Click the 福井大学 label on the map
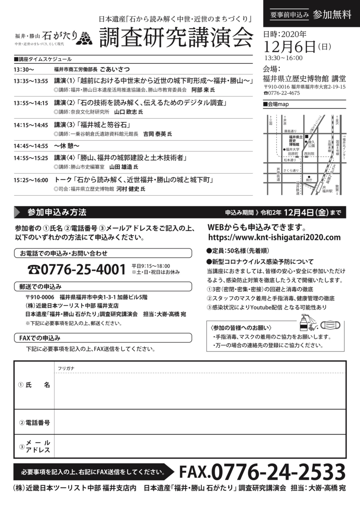(292, 149)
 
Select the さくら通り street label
(291, 170)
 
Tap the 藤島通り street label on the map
(290, 131)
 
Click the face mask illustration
(332, 325)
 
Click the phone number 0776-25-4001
(77, 269)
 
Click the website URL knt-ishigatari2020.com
(274, 237)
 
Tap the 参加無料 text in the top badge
(332, 14)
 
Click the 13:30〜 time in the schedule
(24, 69)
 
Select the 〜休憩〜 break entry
(67, 146)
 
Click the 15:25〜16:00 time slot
(31, 180)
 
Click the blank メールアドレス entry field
(199, 446)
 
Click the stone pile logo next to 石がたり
(87, 38)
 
